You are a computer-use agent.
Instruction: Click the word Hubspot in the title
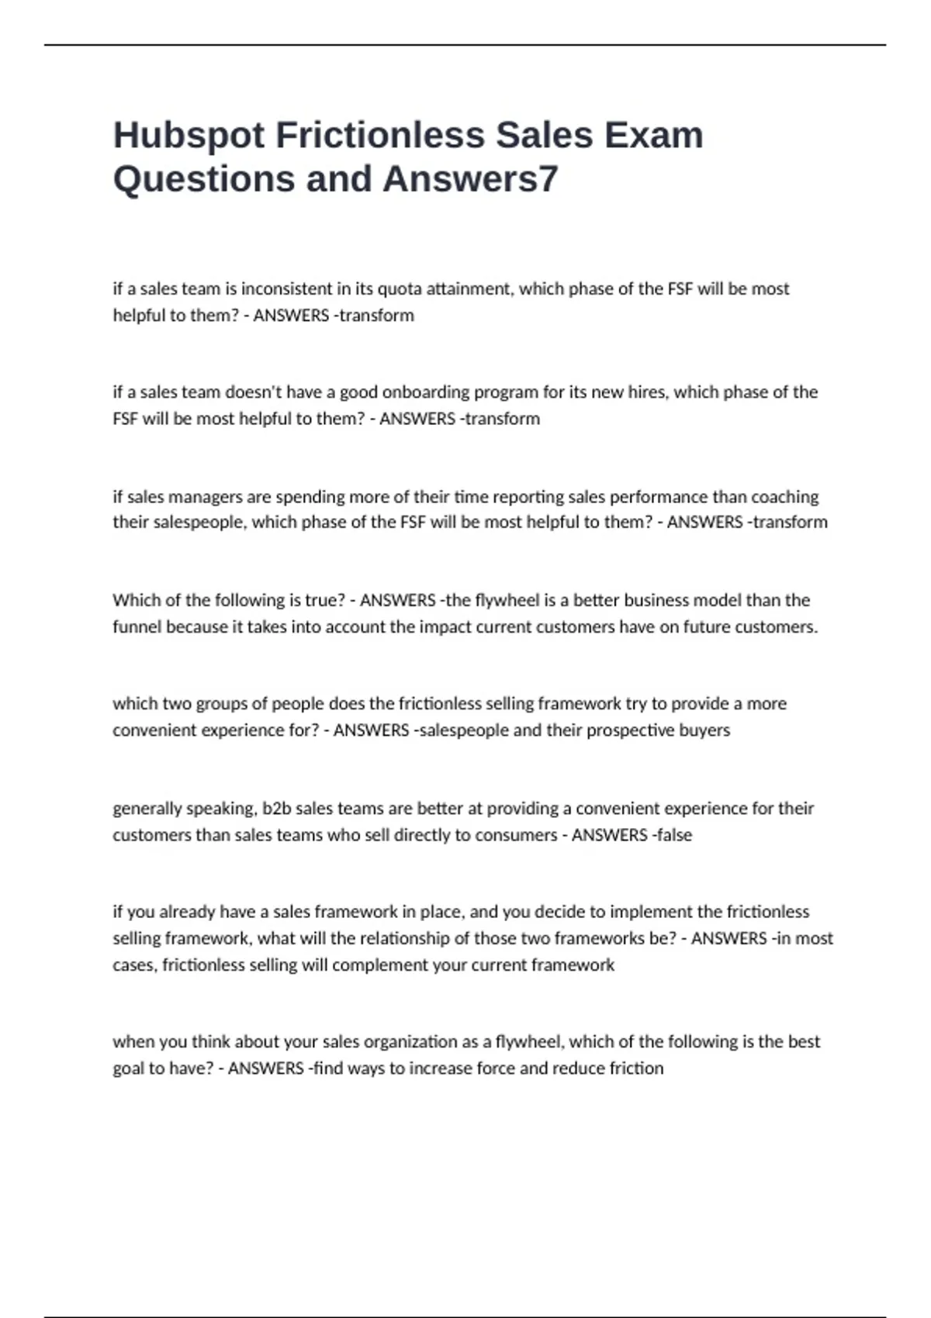tap(189, 136)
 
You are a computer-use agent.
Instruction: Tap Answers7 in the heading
tap(470, 179)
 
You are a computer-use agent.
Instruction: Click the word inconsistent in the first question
tap(286, 289)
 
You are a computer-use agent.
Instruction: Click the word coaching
tap(785, 497)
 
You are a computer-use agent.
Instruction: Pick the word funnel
tap(137, 626)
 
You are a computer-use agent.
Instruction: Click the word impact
tap(444, 626)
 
